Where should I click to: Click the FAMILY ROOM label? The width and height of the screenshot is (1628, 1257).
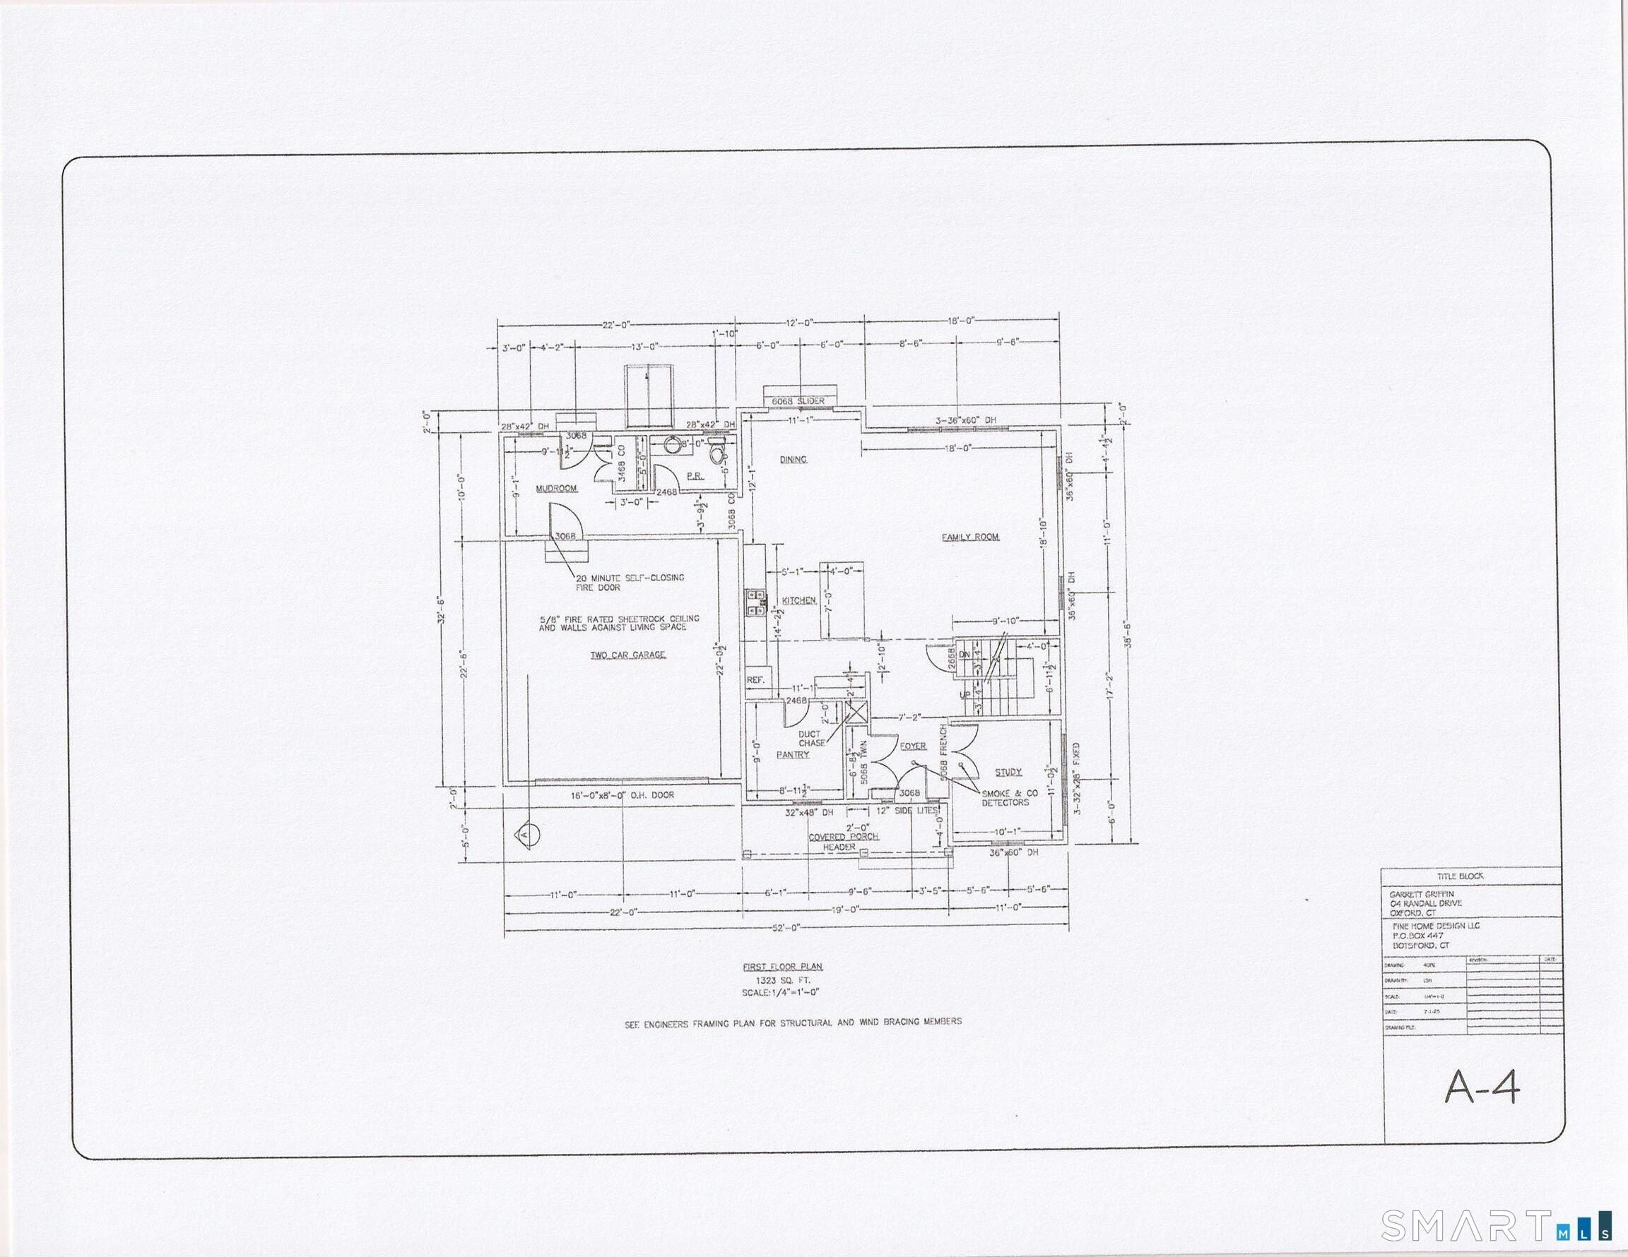tap(969, 537)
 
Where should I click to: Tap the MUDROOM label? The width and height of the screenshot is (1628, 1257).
tap(557, 489)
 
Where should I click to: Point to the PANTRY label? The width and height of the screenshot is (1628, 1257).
tap(792, 754)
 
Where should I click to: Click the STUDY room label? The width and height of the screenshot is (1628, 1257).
tap(1008, 772)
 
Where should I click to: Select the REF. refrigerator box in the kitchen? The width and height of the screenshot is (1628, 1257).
tap(755, 679)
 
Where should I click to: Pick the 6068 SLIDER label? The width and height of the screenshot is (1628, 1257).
tap(798, 401)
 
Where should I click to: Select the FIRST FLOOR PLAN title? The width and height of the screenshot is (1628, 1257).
tap(783, 967)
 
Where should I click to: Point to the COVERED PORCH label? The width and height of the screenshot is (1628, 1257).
tap(844, 836)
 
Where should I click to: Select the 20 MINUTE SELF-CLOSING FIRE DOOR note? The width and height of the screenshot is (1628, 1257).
tap(629, 582)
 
